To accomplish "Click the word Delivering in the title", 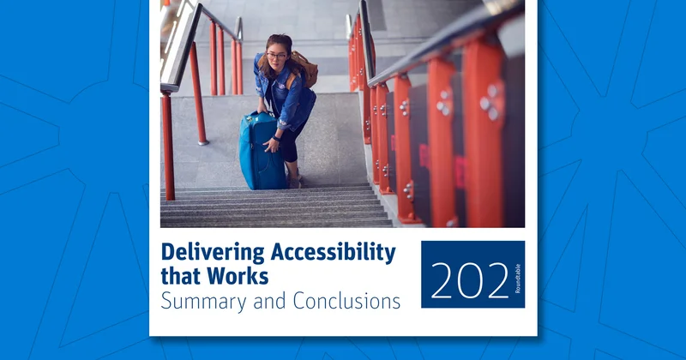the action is click(x=213, y=253).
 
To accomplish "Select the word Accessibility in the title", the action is click(x=334, y=253).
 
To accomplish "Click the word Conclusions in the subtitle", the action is click(x=346, y=301).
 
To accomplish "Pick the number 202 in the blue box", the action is click(x=470, y=281).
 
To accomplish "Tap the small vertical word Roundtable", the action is click(x=518, y=279).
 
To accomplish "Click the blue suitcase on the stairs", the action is click(x=262, y=151).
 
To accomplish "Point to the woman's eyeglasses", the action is click(x=276, y=56).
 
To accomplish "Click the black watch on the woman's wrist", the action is click(x=275, y=139).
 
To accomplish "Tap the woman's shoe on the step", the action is click(x=294, y=182).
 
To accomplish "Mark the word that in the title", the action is click(x=181, y=276).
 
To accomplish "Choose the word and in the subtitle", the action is click(x=269, y=301).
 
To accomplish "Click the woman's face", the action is click(x=276, y=57).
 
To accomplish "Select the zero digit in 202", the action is click(x=470, y=281).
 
